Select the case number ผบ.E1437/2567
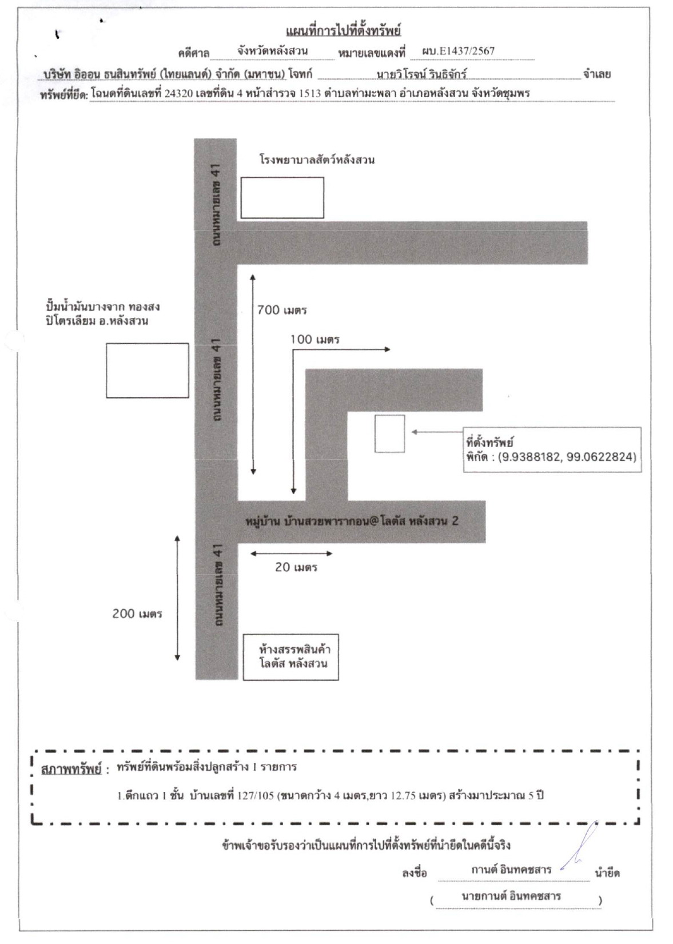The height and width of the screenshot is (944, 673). point(458,51)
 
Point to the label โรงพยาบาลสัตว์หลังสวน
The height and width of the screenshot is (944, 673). point(316,160)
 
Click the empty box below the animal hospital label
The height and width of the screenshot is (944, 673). point(282,198)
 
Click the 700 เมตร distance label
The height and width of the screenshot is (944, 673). point(282,310)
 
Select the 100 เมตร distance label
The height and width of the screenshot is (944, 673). point(315,339)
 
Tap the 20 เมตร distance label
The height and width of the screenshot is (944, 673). point(296,567)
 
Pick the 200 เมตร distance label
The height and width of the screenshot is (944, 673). point(137,614)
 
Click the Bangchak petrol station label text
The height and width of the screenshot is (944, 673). point(103,313)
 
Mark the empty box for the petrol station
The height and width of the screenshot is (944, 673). point(147,371)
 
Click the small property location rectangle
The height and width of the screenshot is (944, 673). point(390,433)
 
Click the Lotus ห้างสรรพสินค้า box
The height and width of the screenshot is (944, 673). point(291,657)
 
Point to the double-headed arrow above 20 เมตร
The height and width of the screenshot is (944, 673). point(291,553)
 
